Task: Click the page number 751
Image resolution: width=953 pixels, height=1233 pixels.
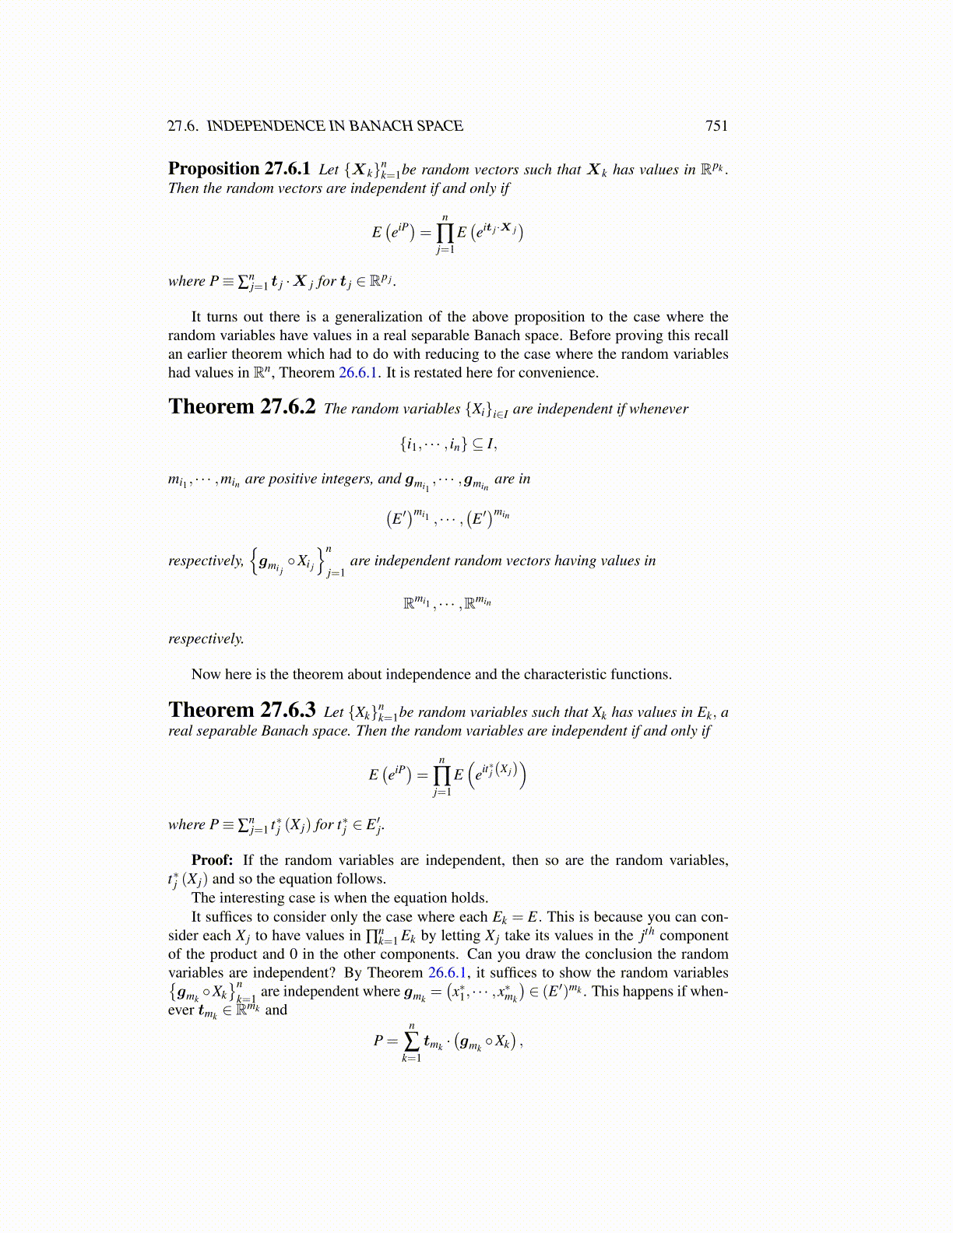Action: tap(716, 126)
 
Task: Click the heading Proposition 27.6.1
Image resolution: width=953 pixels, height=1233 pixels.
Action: tap(239, 169)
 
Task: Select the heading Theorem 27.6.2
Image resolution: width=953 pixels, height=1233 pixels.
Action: tap(241, 407)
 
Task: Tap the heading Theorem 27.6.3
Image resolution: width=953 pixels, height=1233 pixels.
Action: tap(241, 710)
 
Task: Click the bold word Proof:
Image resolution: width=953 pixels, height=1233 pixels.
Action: tap(212, 860)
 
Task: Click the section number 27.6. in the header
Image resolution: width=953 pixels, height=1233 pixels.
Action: tap(184, 126)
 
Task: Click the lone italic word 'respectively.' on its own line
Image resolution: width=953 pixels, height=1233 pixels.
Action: tap(206, 638)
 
